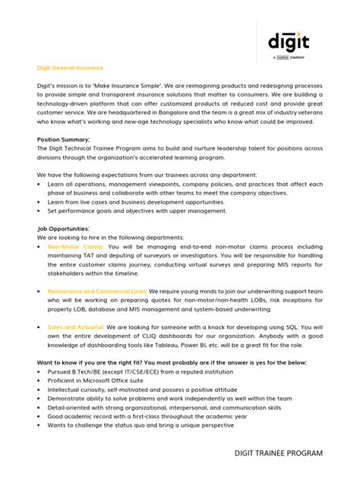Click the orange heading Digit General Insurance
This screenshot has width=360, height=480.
tap(71, 68)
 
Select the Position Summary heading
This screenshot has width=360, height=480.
tap(64, 140)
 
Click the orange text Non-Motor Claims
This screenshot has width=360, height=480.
tap(77, 247)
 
